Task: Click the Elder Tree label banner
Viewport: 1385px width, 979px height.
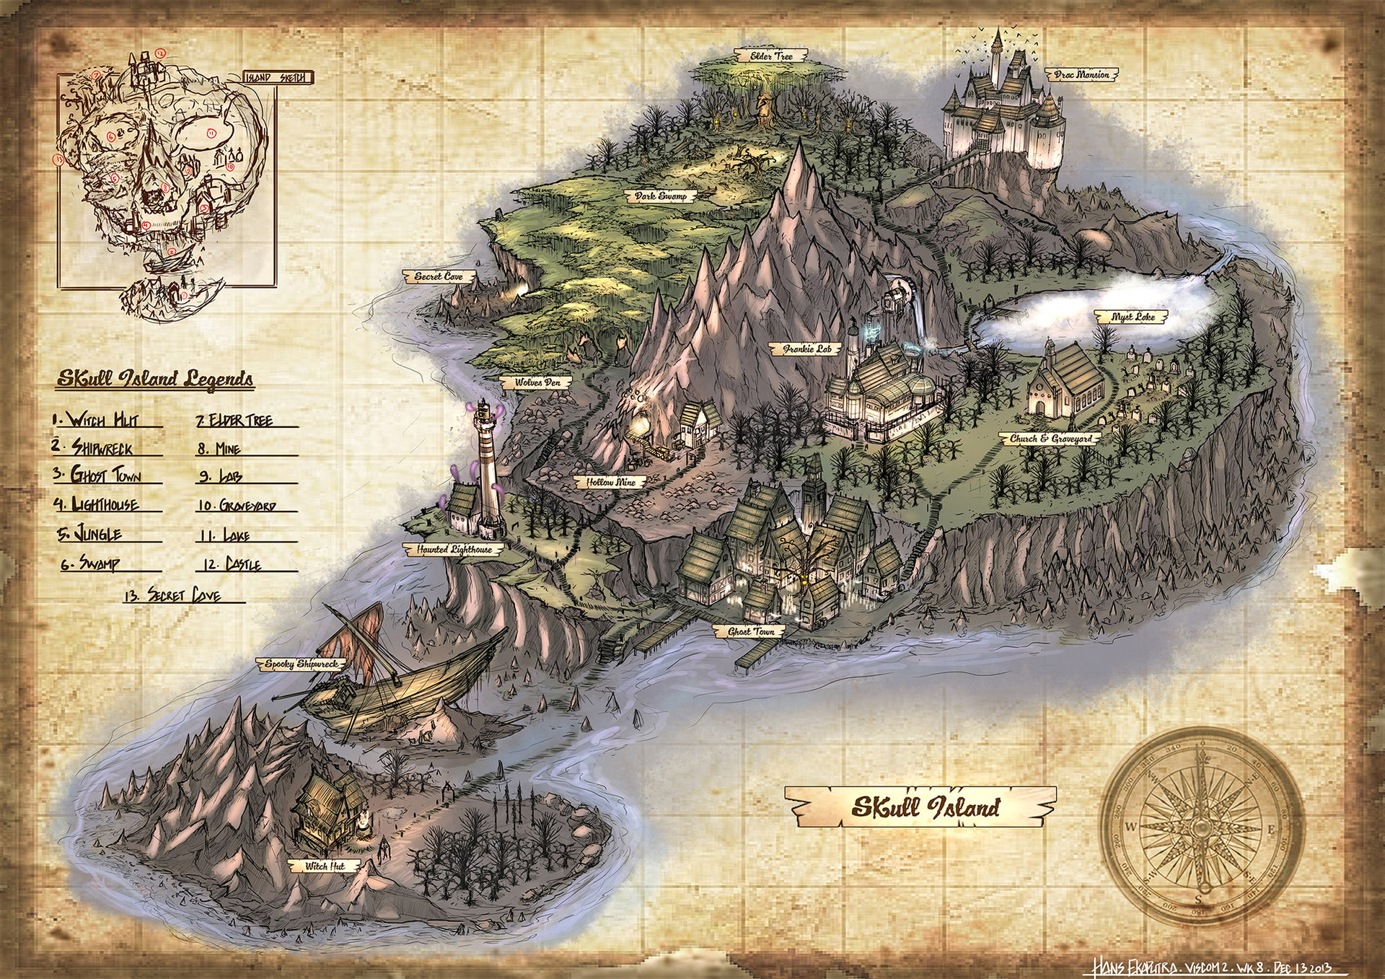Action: click(x=771, y=56)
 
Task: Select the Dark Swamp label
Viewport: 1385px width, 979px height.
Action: click(x=661, y=196)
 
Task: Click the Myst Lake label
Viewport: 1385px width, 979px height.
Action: click(x=1135, y=317)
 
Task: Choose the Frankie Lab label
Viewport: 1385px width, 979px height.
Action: click(x=807, y=349)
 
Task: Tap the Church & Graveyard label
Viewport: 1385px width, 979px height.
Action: click(x=1050, y=439)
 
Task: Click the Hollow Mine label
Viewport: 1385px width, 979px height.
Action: click(x=610, y=481)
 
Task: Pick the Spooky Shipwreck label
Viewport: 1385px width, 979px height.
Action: click(x=301, y=664)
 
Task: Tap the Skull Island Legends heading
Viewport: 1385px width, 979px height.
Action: click(x=154, y=379)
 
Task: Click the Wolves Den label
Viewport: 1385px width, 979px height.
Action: click(x=537, y=382)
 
